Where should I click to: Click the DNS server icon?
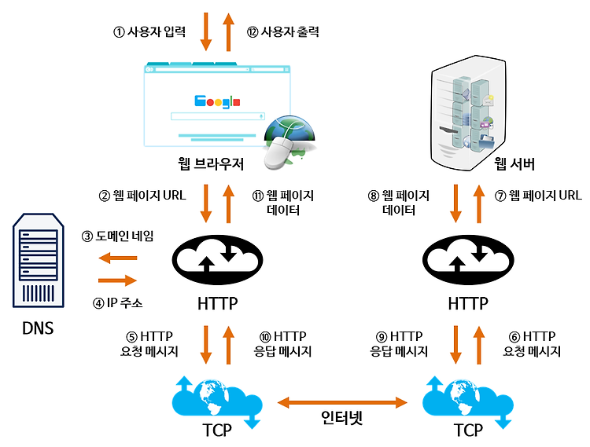point(39,260)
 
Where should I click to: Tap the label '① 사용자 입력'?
point(149,31)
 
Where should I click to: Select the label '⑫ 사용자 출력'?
point(283,31)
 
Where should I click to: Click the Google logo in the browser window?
point(217,101)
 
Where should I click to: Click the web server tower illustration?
point(468,113)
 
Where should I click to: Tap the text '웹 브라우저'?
point(211,163)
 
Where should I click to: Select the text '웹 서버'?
point(514,163)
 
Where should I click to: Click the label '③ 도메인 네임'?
point(117,236)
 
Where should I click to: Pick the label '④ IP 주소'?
point(117,302)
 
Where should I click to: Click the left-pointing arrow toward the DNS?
point(118,258)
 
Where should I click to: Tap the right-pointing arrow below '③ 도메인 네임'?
point(118,280)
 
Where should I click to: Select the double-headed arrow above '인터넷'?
point(342,403)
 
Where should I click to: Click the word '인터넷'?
point(342,417)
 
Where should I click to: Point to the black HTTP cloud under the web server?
point(468,260)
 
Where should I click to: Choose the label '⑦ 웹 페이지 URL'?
point(538,196)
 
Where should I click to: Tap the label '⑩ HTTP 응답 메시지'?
point(282,344)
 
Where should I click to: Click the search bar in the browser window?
point(218,116)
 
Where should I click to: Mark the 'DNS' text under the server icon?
point(38,328)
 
